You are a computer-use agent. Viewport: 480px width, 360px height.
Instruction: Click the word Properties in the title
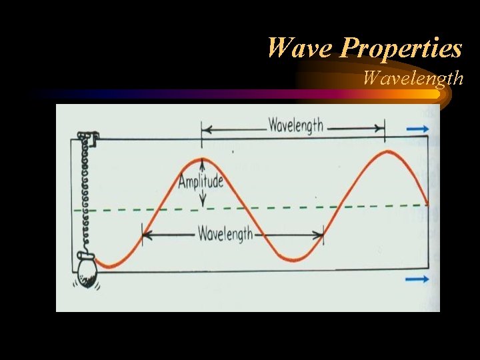pos(401,48)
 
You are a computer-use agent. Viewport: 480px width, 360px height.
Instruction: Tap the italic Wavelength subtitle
pos(413,79)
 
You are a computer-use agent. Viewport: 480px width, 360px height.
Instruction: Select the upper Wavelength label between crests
pos(295,125)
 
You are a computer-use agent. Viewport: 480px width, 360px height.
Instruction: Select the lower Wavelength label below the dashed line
pos(225,234)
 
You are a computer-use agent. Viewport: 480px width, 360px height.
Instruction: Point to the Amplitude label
pos(202,181)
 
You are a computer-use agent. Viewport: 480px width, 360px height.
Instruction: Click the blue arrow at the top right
pos(418,129)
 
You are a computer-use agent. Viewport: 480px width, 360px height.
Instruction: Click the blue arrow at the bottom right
pos(418,279)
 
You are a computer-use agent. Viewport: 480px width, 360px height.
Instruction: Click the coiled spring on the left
pos(84,193)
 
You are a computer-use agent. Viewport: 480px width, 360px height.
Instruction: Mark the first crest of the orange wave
pos(202,159)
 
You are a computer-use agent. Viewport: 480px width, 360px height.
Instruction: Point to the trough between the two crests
pos(293,259)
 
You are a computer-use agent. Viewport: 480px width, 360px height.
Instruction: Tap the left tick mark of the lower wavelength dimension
pos(142,235)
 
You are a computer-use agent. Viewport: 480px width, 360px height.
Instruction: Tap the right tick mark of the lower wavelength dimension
pos(323,235)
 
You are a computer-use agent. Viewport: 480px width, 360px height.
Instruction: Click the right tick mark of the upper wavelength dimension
pos(384,128)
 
